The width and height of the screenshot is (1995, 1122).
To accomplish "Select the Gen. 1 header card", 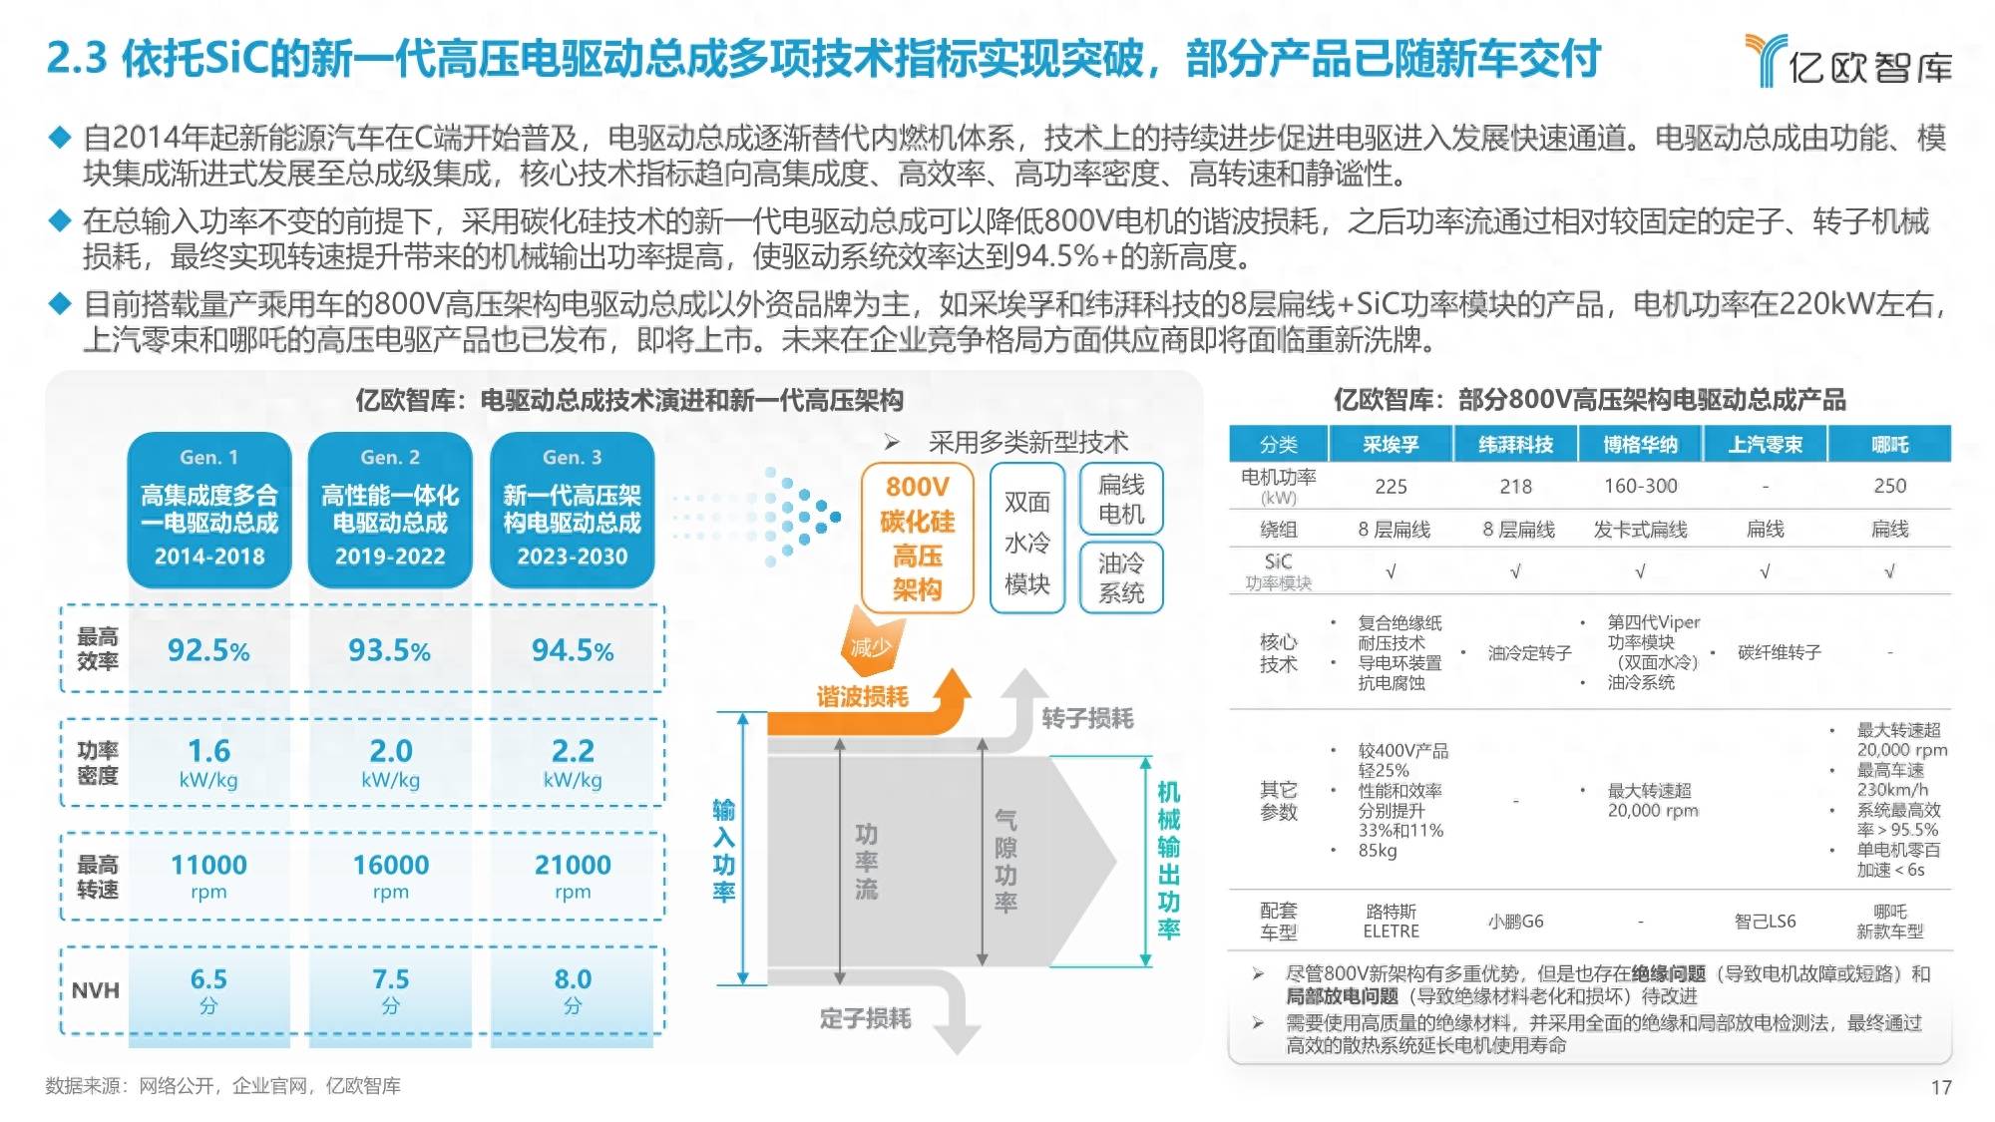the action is (x=209, y=510).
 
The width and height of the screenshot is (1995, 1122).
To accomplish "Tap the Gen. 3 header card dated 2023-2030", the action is (x=573, y=510).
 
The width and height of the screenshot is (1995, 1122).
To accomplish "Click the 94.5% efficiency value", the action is (x=573, y=650).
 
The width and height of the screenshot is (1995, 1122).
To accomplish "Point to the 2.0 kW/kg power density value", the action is (x=391, y=763).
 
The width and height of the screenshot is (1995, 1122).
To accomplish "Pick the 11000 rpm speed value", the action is (x=208, y=876).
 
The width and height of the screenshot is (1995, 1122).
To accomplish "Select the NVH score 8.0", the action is (x=573, y=990).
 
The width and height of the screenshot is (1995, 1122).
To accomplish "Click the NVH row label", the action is (x=96, y=990).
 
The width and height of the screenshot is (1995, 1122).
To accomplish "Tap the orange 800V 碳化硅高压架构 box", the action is (x=917, y=538).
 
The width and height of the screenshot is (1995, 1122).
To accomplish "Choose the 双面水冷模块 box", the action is (x=1027, y=539).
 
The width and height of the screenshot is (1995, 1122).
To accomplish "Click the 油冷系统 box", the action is (x=1121, y=577).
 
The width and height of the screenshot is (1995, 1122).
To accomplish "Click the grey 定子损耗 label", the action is (x=865, y=1018).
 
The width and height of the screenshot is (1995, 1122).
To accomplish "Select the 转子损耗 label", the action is (x=1087, y=718).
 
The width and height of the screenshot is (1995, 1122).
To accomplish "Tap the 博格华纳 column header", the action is (x=1641, y=444).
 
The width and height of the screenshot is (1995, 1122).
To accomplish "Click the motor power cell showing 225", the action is (x=1391, y=486).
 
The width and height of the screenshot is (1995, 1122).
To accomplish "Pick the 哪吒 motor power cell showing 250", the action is (x=1889, y=486).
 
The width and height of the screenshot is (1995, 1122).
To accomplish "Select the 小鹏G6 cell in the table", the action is (x=1515, y=922).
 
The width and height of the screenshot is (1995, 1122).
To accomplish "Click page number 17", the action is (x=1941, y=1087).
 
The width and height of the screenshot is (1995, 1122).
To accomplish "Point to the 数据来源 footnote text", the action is (x=222, y=1086).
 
